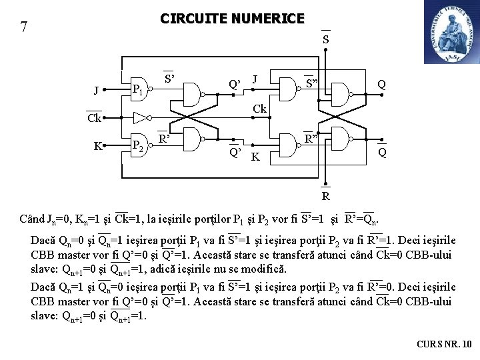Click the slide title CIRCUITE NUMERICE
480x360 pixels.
pos(232,19)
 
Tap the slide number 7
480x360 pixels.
pos(24,27)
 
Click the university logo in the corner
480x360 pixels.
pos(451,32)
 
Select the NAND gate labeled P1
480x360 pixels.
pos(139,89)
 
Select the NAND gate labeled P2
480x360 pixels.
pos(139,145)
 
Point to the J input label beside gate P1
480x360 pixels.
pos(97,90)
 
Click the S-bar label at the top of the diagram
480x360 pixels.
pos(325,39)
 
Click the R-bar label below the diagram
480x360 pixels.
pos(325,196)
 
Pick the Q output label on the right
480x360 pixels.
pos(381,85)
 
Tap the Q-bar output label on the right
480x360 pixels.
pos(381,152)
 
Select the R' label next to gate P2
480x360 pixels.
pos(164,139)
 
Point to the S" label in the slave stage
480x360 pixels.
pos(311,84)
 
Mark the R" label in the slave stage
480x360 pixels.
pos(311,139)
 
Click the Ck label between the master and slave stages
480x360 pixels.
pos(259,109)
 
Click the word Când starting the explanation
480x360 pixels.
pos(31,219)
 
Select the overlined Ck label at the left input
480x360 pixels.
pos(94,119)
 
